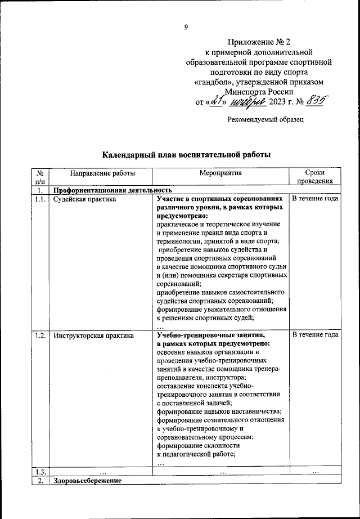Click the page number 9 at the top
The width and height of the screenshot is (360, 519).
(186, 26)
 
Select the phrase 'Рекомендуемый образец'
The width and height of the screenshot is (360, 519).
(265, 119)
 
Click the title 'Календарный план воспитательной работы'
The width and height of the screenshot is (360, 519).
(186, 154)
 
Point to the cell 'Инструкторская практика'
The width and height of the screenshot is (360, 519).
(93, 335)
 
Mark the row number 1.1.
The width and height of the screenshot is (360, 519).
(40, 199)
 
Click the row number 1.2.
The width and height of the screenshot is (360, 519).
(40, 335)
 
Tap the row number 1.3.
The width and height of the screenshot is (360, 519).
(40, 472)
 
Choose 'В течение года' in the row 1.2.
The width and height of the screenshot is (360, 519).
(315, 335)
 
